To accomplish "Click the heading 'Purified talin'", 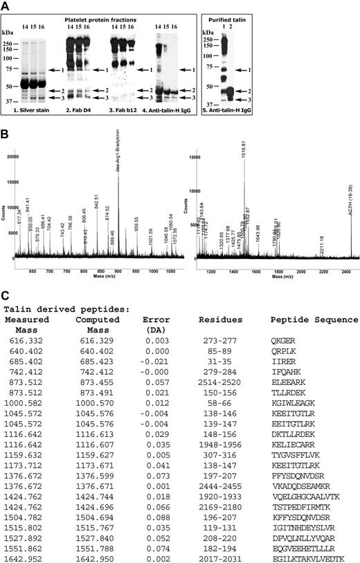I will tap(316, 14).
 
